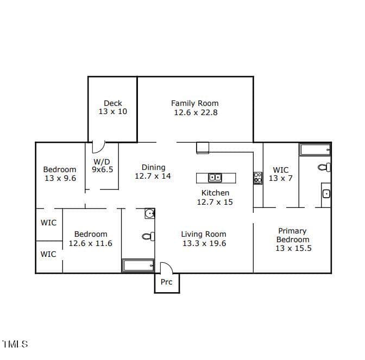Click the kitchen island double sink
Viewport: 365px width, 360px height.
[215, 178]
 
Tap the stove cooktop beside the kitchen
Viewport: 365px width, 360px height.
[257, 178]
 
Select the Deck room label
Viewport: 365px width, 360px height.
[113, 103]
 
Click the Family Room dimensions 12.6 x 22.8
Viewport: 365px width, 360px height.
[196, 112]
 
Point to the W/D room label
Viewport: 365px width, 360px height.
[102, 161]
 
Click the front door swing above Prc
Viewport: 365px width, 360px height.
[166, 267]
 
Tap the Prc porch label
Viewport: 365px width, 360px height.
[166, 282]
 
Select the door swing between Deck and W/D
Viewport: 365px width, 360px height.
[98, 147]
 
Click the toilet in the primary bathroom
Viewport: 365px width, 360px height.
[324, 167]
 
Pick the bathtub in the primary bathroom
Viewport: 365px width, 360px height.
[316, 150]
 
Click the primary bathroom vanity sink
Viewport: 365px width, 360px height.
[326, 194]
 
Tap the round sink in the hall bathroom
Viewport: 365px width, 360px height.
[149, 213]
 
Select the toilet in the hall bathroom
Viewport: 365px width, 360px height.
[148, 236]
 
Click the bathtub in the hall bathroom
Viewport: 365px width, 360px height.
[138, 266]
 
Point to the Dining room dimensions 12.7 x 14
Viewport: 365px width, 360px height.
[153, 176]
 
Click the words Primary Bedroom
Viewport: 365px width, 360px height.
[293, 235]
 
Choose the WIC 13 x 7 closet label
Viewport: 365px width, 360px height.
[281, 174]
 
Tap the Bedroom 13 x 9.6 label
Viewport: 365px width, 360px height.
[60, 174]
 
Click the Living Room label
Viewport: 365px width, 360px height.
[204, 234]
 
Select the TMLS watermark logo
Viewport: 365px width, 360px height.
[15, 344]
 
